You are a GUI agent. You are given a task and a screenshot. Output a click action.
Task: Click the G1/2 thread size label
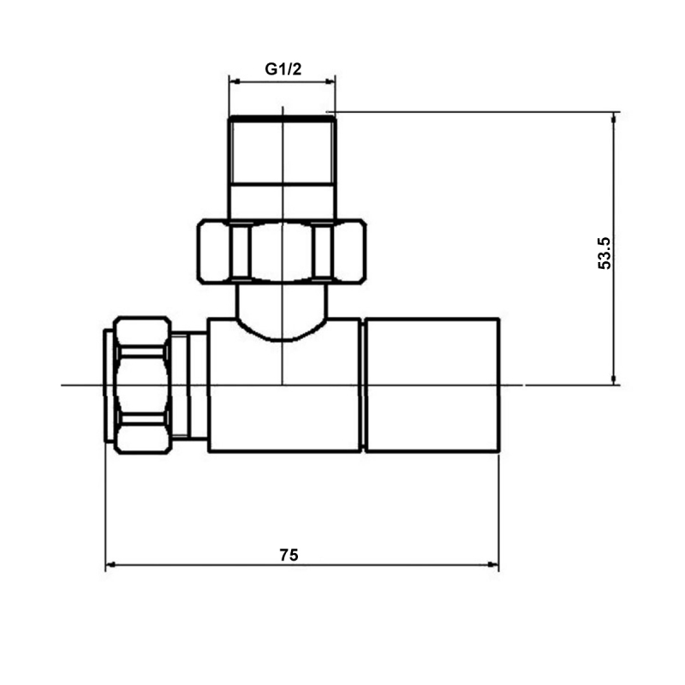click(x=283, y=69)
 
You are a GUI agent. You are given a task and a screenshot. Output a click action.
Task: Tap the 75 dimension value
click(x=289, y=555)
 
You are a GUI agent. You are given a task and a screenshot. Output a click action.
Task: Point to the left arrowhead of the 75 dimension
click(x=110, y=565)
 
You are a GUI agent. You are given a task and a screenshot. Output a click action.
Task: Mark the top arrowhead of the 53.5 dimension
click(x=613, y=117)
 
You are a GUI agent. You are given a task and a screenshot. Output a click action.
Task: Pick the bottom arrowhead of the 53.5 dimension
click(x=613, y=379)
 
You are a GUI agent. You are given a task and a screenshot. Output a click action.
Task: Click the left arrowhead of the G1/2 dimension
click(x=234, y=82)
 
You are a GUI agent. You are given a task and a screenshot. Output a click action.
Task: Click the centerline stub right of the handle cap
click(x=512, y=384)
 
